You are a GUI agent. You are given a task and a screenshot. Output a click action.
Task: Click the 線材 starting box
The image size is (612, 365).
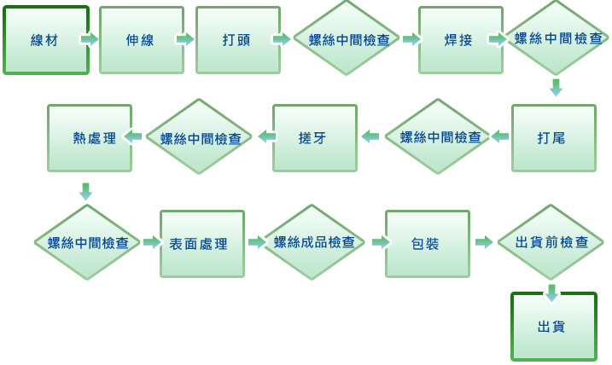pos(46,40)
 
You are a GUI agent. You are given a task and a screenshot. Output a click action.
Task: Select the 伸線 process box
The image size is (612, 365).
pos(142,40)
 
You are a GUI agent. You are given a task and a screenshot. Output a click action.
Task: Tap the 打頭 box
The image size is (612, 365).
pos(238,40)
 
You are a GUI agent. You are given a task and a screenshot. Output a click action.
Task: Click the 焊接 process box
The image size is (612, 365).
pos(461,40)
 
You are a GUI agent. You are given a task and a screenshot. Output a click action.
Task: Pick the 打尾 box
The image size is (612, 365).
pos(553,138)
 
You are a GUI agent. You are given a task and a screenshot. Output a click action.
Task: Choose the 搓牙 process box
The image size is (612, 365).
pos(315,138)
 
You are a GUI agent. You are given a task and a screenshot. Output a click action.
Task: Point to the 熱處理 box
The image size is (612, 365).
pos(90,138)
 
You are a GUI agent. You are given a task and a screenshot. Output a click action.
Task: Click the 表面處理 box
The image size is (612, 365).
pos(202,244)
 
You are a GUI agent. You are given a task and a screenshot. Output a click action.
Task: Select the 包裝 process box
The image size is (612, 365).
pos(428,244)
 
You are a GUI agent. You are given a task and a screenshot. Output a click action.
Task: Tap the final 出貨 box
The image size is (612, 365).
pos(553,327)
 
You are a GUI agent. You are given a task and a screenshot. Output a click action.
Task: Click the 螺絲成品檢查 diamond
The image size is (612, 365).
pos(314,242)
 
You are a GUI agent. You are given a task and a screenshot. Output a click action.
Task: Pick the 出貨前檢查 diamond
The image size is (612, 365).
pos(551,242)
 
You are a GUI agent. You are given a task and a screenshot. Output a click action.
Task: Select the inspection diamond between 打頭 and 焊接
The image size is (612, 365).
pos(347,38)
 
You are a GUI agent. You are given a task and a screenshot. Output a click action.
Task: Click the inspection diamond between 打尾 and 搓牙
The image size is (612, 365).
pos(438,136)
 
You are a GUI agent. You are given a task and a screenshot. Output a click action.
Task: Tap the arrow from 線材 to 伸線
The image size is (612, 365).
pos(90,39)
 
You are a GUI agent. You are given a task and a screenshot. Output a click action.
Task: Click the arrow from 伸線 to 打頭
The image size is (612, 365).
pos(185,39)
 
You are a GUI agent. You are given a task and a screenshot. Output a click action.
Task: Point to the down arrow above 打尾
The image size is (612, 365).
pos(556,87)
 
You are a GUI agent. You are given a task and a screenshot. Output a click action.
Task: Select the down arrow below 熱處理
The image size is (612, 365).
pos(86,192)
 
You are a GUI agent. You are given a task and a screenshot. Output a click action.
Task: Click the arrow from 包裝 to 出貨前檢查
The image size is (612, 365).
pos(484,242)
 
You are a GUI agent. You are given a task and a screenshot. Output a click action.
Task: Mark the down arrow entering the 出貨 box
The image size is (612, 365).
pos(551,293)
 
